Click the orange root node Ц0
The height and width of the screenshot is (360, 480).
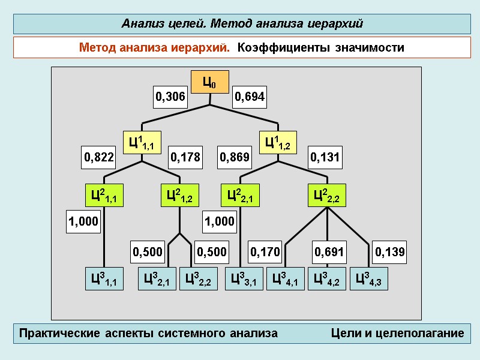tap(210, 82)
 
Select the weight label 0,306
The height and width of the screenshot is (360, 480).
tap(170, 97)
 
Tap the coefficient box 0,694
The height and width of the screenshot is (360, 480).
tap(250, 97)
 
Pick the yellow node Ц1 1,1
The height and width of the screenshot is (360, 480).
tap(142, 142)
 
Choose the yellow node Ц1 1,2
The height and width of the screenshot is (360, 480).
tap(278, 142)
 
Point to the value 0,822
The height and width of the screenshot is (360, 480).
tap(98, 158)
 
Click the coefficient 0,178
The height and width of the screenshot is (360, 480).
tap(185, 158)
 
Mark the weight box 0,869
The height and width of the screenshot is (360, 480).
tap(235, 158)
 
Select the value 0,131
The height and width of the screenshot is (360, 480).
tap(325, 158)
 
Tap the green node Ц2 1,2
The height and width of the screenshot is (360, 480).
tap(180, 195)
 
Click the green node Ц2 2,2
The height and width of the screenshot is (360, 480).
tap(327, 195)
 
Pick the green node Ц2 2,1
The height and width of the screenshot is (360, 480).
tap(240, 195)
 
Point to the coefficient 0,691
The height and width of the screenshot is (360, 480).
tap(329, 252)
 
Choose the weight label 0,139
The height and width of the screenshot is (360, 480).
tap(391, 252)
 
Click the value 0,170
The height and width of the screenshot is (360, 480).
tap(265, 252)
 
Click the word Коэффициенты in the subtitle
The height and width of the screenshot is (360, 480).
tap(278, 47)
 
